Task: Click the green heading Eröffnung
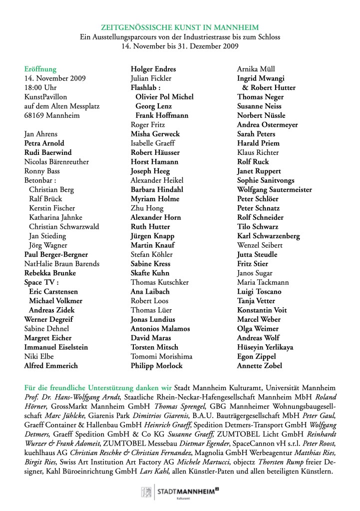pyautogui.click(x=40, y=69)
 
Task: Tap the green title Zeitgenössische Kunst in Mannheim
pyautogui.click(x=180, y=28)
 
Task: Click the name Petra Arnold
pyautogui.click(x=44, y=143)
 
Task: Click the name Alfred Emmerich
pyautogui.click(x=51, y=366)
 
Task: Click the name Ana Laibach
pyautogui.click(x=150, y=291)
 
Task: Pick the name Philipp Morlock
pyautogui.click(x=156, y=366)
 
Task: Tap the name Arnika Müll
pyautogui.click(x=256, y=69)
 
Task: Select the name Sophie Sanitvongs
pyautogui.click(x=266, y=180)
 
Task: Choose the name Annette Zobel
pyautogui.click(x=260, y=366)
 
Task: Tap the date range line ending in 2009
pyautogui.click(x=180, y=46)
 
